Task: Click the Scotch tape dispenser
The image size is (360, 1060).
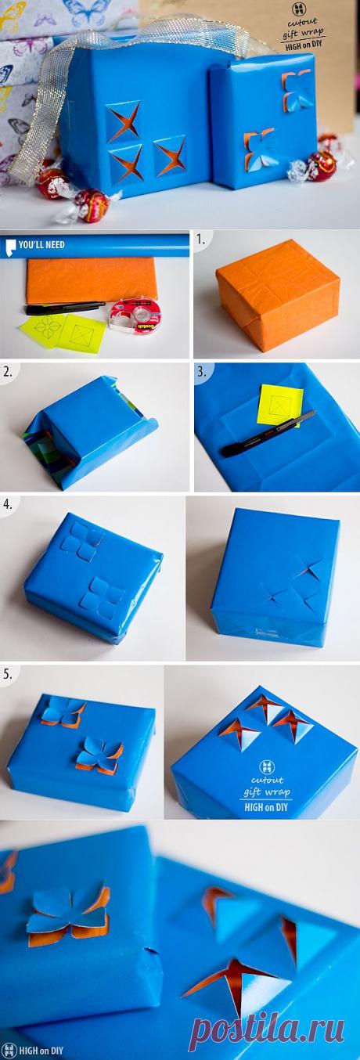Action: [135, 313]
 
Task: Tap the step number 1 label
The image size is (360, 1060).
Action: [201, 240]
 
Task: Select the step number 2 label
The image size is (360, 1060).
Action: [8, 372]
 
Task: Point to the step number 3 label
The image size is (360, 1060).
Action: [202, 372]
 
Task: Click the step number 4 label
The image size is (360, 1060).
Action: [8, 504]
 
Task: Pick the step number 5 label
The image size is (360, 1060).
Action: [8, 674]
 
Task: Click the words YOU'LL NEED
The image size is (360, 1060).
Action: [41, 245]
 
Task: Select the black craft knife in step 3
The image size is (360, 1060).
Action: [268, 434]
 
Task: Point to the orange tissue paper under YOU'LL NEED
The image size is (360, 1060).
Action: [92, 279]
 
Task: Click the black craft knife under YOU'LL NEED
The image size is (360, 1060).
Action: [65, 308]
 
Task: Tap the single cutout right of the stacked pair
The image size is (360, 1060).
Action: [170, 154]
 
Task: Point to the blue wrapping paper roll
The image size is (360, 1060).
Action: [95, 245]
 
